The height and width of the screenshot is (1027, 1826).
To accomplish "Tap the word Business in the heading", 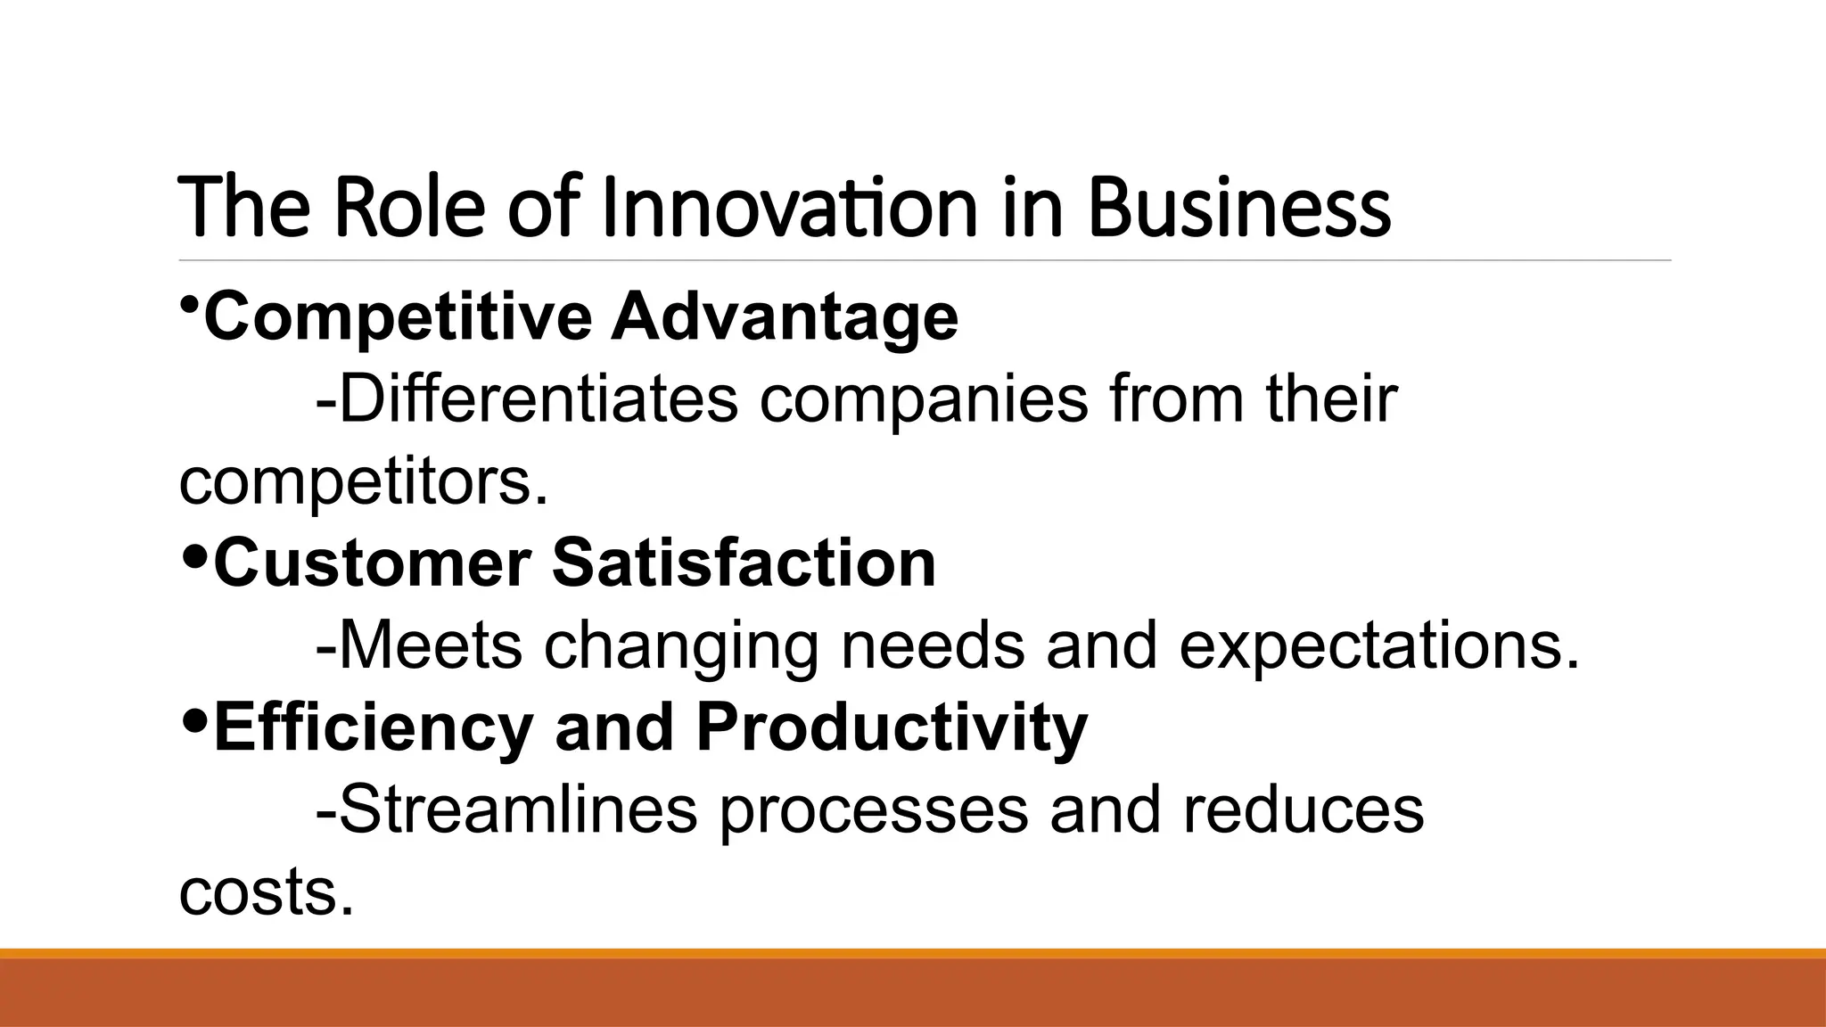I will point(1238,209).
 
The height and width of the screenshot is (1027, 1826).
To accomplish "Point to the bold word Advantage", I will point(785,317).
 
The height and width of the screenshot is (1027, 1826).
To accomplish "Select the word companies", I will point(924,400).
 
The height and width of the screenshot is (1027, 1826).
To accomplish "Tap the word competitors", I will point(363,481).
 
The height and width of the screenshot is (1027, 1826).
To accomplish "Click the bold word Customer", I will point(373,563).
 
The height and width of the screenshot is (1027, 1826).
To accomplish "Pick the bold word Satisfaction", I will point(744,563).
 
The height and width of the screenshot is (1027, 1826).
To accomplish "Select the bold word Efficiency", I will point(373,727).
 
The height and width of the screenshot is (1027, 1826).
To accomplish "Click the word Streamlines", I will point(506,809).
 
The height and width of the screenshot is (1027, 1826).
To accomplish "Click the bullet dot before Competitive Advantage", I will point(189,306).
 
